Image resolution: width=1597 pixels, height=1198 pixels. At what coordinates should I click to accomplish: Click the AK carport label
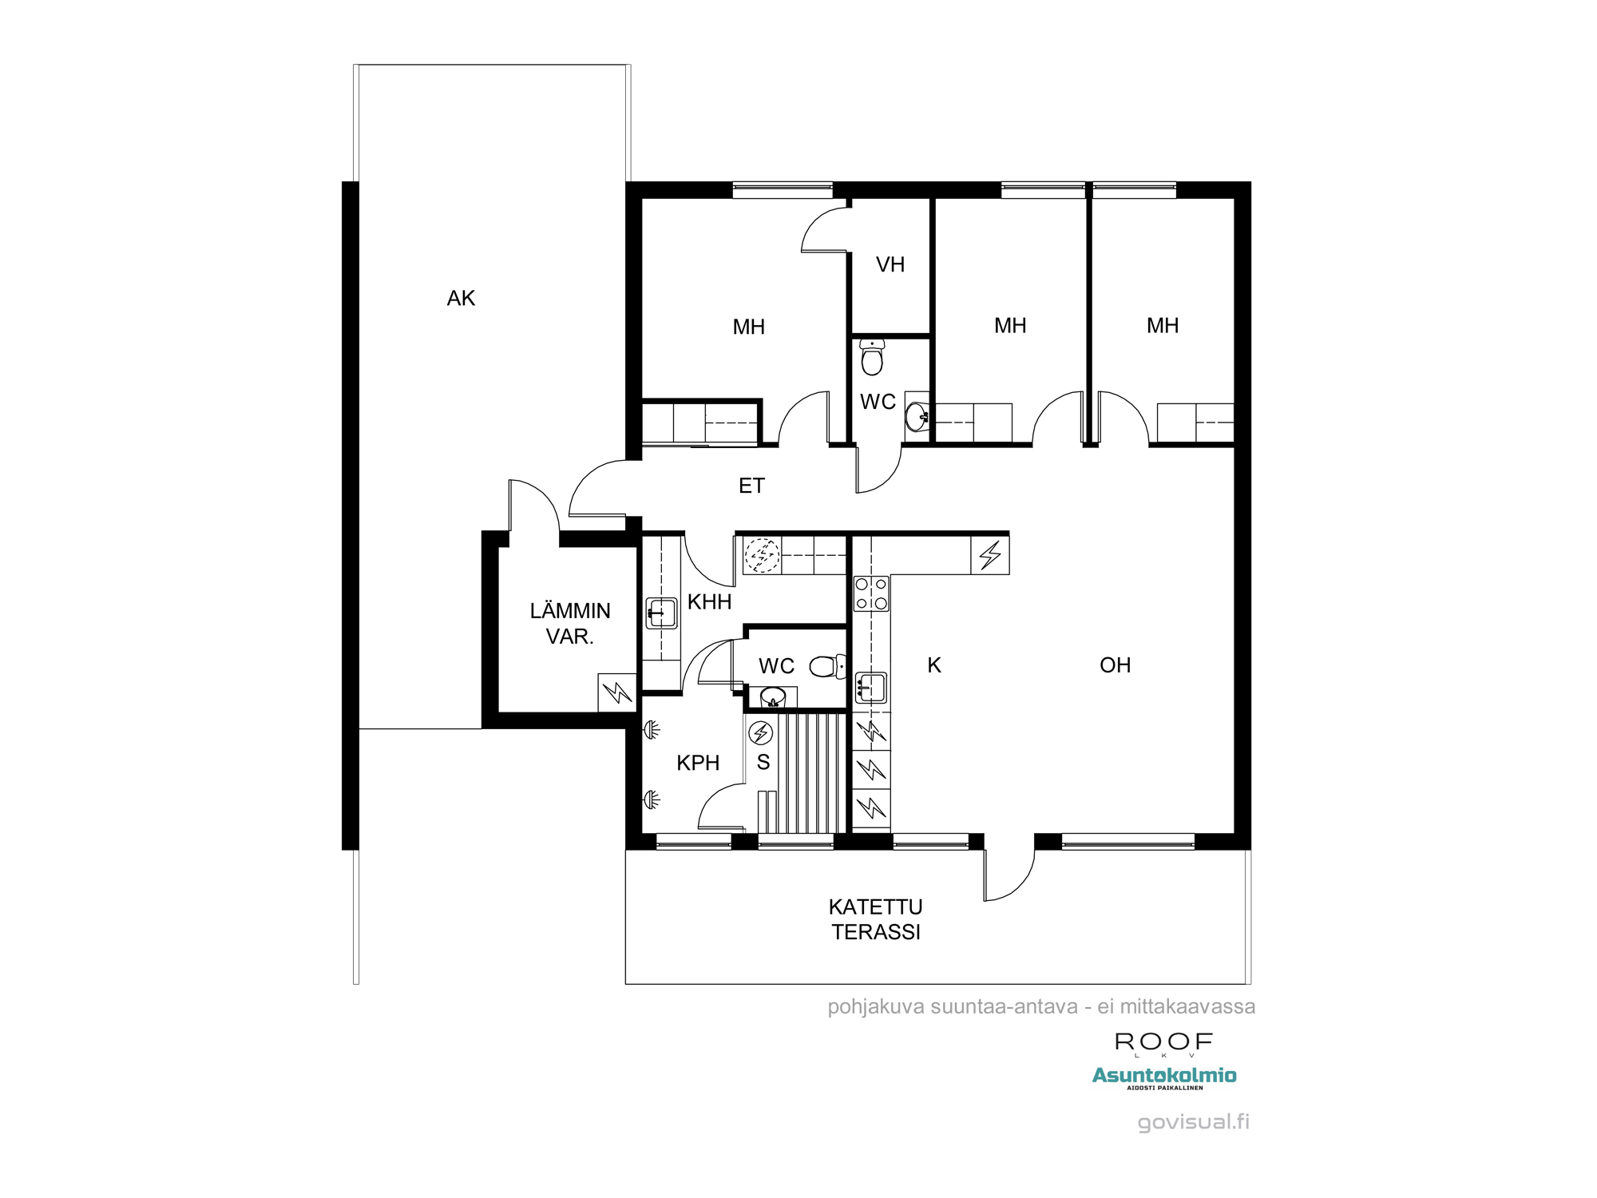[x=461, y=298]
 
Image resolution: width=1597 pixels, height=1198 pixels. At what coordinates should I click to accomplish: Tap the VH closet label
[x=890, y=264]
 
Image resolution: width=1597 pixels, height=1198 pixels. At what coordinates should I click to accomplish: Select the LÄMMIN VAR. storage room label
[x=570, y=624]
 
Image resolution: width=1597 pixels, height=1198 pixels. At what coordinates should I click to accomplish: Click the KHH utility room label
[x=709, y=601]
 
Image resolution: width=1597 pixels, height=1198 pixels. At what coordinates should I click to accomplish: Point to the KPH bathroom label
[x=698, y=763]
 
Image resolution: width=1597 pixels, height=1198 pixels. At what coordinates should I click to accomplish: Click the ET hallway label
[x=751, y=486]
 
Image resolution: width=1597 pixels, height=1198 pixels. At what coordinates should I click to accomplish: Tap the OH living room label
[x=1115, y=665]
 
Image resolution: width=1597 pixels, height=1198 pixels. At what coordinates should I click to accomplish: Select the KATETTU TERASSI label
[x=876, y=919]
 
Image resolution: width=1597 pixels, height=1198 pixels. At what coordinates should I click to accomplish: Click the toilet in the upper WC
[x=872, y=357]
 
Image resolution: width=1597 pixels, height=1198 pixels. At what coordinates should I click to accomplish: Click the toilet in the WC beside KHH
[x=827, y=666]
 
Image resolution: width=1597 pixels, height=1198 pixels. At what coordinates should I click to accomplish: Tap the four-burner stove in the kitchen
[x=871, y=593]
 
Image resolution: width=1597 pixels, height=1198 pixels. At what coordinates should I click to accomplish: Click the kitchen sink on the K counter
[x=871, y=687]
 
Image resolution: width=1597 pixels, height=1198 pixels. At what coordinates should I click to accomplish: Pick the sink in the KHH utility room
[x=661, y=613]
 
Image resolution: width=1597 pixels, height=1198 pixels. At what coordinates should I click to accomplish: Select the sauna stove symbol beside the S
[x=761, y=732]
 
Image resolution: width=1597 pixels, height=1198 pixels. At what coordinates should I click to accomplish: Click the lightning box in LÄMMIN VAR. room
[x=617, y=692]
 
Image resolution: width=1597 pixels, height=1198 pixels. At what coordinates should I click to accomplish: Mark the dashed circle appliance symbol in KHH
[x=762, y=553]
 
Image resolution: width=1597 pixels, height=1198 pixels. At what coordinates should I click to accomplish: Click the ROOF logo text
[x=1163, y=1041]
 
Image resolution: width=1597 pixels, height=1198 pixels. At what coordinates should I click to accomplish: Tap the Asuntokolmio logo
[x=1164, y=1077]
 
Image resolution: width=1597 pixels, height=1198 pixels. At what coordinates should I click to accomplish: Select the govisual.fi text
[x=1193, y=1122]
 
